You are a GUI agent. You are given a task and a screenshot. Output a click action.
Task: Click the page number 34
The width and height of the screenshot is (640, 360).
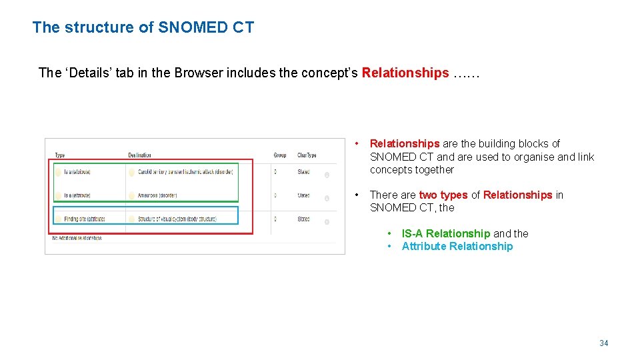tap(603, 343)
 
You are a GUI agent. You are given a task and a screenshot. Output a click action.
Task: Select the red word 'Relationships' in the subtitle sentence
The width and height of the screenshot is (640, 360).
tap(405, 73)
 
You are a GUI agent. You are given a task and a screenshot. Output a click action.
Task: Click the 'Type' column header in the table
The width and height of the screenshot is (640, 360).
tap(60, 155)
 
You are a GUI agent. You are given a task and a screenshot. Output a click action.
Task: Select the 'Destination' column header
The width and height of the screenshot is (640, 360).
tap(140, 155)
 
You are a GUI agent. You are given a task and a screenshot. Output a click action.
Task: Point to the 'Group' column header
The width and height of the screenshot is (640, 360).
tap(280, 155)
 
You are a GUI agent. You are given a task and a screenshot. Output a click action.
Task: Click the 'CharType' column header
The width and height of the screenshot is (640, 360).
tap(307, 155)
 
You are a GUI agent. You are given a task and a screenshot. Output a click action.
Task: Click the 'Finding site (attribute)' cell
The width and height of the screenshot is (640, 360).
tap(85, 219)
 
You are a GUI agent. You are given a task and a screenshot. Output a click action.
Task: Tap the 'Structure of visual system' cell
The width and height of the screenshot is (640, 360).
tap(177, 219)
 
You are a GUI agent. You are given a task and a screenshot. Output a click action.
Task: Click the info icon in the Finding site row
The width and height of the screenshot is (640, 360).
tap(327, 222)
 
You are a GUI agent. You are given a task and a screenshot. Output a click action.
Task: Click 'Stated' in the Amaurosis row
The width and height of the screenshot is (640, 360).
tap(303, 195)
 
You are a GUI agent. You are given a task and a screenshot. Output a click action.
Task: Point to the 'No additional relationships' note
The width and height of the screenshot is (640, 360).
tap(77, 237)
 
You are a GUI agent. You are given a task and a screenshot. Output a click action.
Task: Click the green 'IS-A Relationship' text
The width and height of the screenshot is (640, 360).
tap(445, 233)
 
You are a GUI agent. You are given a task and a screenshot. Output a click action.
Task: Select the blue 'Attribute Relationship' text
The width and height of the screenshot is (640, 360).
tap(457, 247)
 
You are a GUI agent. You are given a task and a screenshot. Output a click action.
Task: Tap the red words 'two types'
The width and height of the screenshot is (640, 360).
tap(443, 195)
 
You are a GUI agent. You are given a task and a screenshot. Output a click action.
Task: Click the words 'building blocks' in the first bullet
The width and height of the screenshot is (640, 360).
tap(525, 143)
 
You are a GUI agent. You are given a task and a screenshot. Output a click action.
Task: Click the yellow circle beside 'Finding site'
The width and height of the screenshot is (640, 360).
tap(59, 219)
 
